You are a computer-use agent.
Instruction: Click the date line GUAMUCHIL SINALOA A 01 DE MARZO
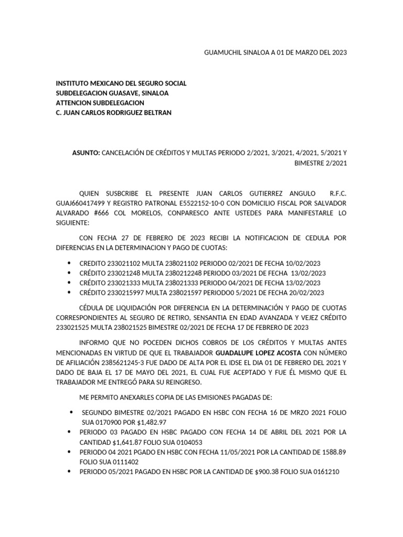pos(274,53)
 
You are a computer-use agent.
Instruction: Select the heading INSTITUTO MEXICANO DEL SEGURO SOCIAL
pos(121,83)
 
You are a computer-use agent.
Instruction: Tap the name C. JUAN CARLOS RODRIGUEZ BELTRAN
pos(113,113)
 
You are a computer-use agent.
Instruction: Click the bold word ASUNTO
pos(86,153)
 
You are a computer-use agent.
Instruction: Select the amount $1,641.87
pos(124,442)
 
